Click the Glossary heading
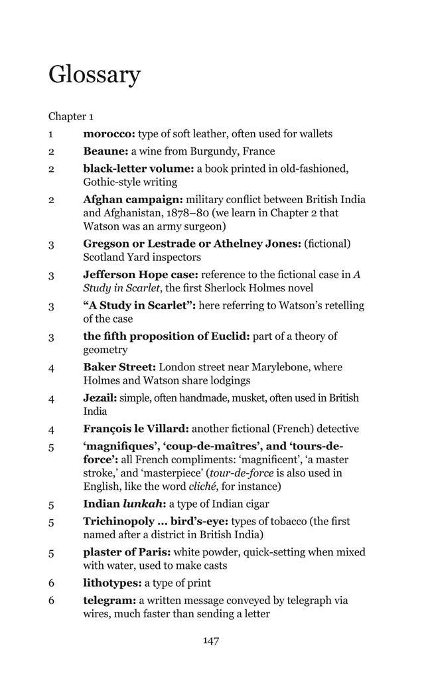coord(94,75)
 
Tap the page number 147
coord(211,640)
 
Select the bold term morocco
coord(109,134)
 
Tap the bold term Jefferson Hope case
coord(141,274)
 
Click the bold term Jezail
coord(100,398)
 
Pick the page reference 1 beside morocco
coord(50,134)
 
